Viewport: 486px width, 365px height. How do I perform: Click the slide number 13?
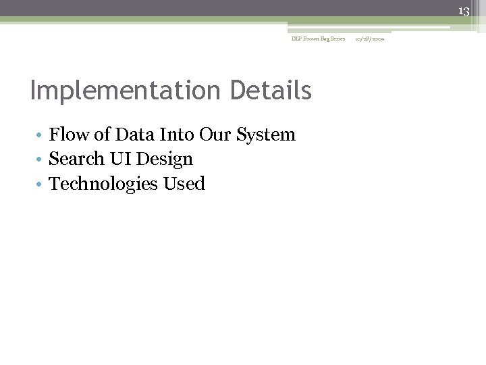tap(464, 11)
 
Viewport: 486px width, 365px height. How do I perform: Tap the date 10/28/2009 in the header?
tap(369, 39)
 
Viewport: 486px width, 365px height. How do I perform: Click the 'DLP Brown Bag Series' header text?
tap(318, 39)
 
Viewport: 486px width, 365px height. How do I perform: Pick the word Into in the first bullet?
tap(175, 135)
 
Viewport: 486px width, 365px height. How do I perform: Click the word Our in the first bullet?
tap(215, 135)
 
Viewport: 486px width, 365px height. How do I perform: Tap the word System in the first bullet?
tap(266, 135)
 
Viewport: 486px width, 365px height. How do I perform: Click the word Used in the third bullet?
tap(184, 183)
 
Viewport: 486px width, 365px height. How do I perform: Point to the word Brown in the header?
tap(308, 39)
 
